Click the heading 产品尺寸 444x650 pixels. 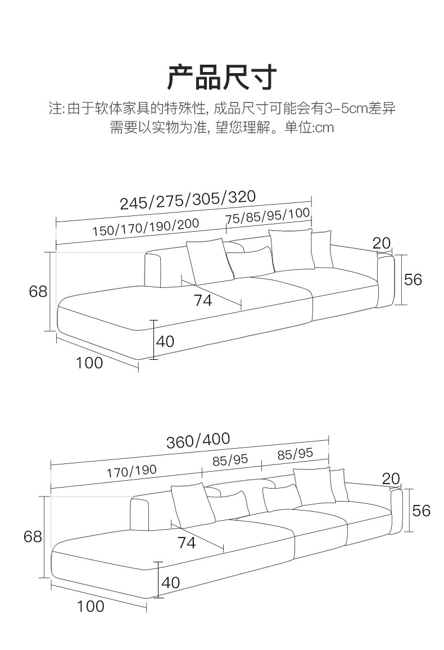coord(222,78)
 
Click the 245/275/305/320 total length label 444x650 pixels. coord(188,200)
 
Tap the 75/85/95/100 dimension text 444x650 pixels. coord(268,215)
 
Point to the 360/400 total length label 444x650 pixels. coord(198,440)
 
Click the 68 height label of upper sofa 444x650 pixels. coord(38,291)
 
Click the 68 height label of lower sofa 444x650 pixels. coord(33,536)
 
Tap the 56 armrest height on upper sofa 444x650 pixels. coord(413,279)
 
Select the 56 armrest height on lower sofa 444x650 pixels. coord(421,510)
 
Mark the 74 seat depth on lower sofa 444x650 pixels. coord(187,543)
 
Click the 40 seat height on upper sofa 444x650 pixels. coord(166,341)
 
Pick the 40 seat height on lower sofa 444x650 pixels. coord(171,583)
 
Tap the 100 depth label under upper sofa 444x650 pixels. coord(90,363)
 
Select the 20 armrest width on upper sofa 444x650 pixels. coord(382,243)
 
